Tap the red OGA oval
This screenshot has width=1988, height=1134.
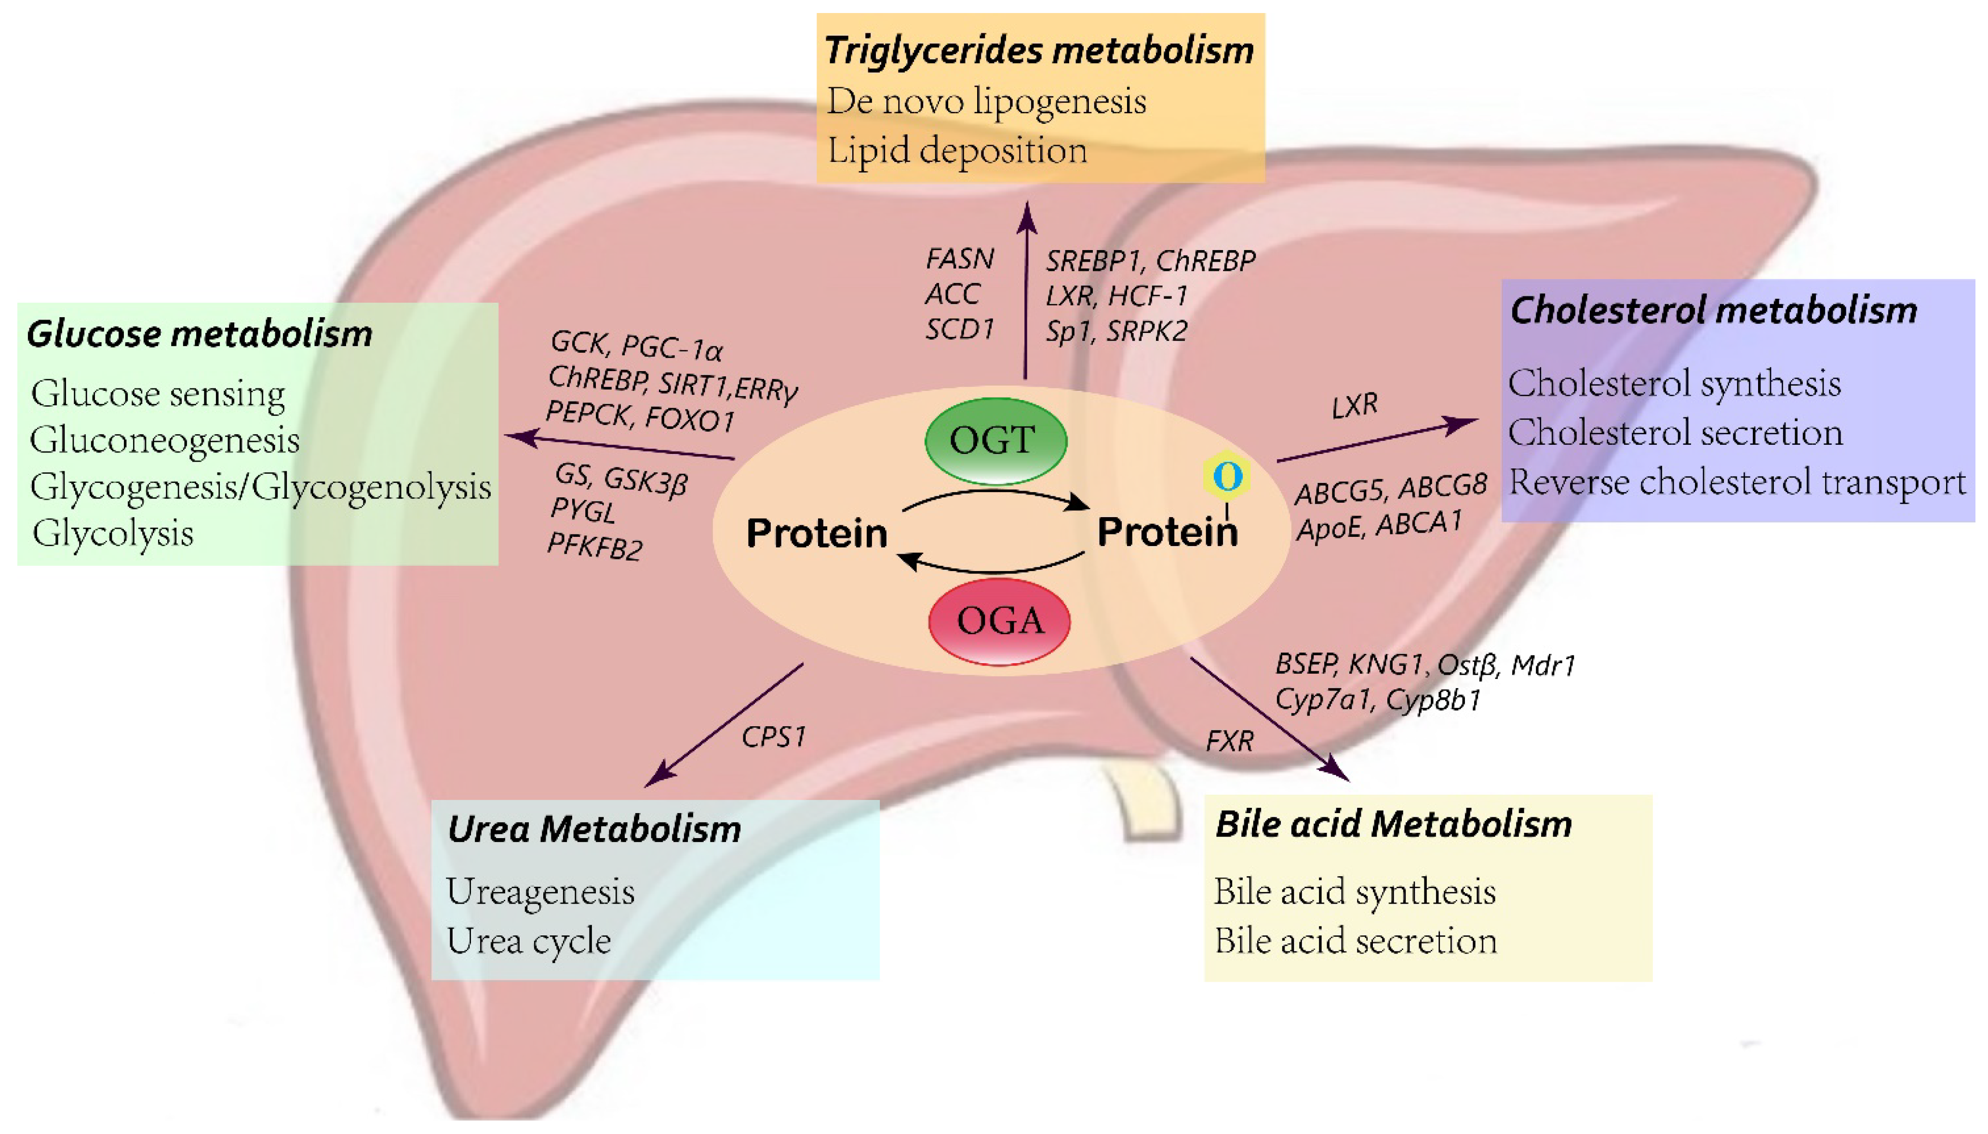999,621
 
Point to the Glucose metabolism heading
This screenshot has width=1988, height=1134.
200,334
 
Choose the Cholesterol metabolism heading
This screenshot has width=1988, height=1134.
1713,310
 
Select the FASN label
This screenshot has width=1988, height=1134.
960,259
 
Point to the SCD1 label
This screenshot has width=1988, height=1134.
960,330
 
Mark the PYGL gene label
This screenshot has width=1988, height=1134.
583,511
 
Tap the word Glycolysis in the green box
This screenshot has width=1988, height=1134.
113,534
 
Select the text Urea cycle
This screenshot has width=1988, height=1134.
528,941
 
